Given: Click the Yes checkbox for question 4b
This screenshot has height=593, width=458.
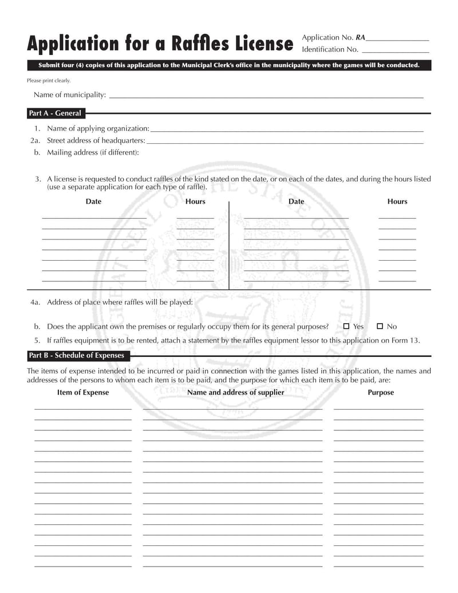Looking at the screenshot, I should pos(346,326).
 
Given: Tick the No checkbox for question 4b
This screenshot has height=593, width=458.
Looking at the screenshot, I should pos(380,326).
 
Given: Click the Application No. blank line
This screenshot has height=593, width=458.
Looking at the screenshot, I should pos(397,40).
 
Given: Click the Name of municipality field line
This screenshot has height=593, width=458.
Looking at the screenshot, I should pos(266,98).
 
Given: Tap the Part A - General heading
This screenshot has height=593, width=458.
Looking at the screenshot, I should pos(55,113).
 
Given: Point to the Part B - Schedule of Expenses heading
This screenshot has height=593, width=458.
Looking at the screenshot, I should pos(77,356).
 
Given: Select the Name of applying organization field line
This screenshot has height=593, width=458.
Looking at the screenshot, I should pos(286,132).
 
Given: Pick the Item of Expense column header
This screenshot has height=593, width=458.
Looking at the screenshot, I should pos(83,392).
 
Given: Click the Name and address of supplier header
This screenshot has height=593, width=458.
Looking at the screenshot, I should pos(236,392).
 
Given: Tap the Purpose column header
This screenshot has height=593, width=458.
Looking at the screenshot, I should pos(381,392).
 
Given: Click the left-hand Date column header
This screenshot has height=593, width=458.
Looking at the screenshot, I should pos(93,202).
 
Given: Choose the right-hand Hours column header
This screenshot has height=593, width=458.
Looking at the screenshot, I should pos(397,202).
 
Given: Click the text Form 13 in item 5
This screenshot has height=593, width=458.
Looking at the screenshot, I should pos(406,340).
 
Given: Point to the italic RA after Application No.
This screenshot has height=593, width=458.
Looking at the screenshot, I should pos(360,38).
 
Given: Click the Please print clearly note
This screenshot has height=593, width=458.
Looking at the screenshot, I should pos(49,81).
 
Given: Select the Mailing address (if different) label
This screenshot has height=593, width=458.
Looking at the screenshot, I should pos(93,152).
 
